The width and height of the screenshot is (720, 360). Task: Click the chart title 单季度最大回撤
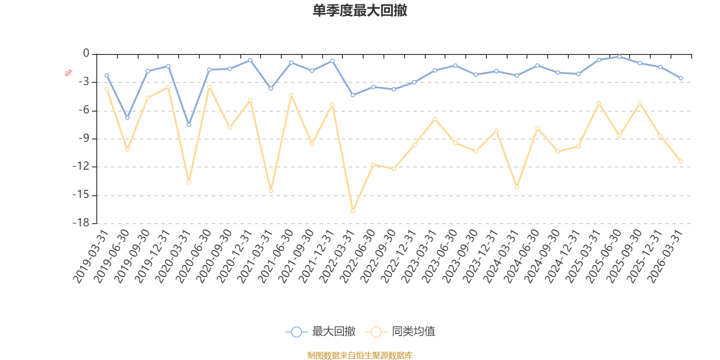pyautogui.click(x=360, y=10)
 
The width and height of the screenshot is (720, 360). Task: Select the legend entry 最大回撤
pyautogui.click(x=320, y=331)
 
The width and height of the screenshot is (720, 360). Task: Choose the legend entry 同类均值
pyautogui.click(x=400, y=331)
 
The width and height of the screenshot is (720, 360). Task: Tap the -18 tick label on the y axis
pyautogui.click(x=81, y=223)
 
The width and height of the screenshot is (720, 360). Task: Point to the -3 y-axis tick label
pyautogui.click(x=84, y=81)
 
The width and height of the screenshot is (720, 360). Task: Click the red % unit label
pyautogui.click(x=68, y=73)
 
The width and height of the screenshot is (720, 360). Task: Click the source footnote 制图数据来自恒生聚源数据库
pyautogui.click(x=360, y=355)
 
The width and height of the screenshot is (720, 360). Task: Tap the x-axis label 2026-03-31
pyautogui.click(x=665, y=256)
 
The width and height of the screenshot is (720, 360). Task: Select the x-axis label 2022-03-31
pyautogui.click(x=337, y=256)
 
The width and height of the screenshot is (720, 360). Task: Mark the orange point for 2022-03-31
pyautogui.click(x=353, y=211)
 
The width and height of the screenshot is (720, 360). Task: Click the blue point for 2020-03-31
pyautogui.click(x=189, y=125)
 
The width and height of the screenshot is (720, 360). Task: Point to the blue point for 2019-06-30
pyautogui.click(x=127, y=118)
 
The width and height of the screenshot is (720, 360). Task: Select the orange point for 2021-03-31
pyautogui.click(x=270, y=191)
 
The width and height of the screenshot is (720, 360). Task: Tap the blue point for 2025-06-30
pyautogui.click(x=619, y=57)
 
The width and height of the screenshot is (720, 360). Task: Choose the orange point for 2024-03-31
pyautogui.click(x=517, y=187)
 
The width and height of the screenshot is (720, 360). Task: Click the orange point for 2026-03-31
pyautogui.click(x=681, y=162)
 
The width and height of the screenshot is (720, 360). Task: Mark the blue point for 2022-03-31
pyautogui.click(x=353, y=95)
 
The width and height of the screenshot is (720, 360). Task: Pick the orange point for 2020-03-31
pyautogui.click(x=189, y=182)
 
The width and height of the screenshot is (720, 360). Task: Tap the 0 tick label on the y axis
pyautogui.click(x=86, y=53)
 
